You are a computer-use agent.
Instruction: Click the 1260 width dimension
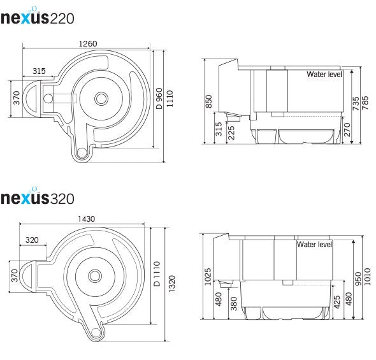88,43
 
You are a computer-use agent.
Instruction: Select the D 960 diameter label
159,99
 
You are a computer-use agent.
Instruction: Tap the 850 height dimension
208,101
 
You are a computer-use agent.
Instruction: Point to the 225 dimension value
231,133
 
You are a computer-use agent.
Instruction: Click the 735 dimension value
356,103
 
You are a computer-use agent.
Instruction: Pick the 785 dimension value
365,103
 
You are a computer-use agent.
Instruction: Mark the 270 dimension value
347,130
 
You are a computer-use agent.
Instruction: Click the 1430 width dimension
86,219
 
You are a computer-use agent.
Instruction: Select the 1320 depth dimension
171,284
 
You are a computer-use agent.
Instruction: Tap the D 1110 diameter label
157,274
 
